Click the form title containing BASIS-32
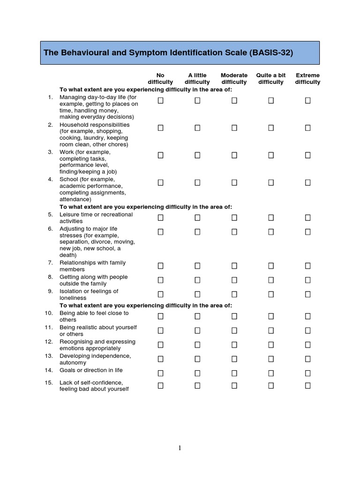point(168,52)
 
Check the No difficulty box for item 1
point(161,100)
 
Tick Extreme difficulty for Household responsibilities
point(308,127)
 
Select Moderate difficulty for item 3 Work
point(234,155)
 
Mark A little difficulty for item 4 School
point(197,182)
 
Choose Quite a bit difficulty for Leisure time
point(271,217)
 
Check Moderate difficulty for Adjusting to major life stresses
point(234,232)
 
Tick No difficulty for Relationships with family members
point(161,266)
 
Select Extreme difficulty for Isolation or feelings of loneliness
point(308,294)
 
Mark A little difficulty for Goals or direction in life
point(197,373)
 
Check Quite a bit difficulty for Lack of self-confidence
point(271,386)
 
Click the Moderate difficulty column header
point(234,79)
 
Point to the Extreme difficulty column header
point(307,79)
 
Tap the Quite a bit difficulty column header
point(270,79)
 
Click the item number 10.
point(49,313)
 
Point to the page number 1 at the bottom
point(180,448)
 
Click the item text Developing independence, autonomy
point(95,359)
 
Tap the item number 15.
point(49,382)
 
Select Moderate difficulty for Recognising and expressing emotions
point(234,345)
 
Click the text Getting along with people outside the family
point(93,280)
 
